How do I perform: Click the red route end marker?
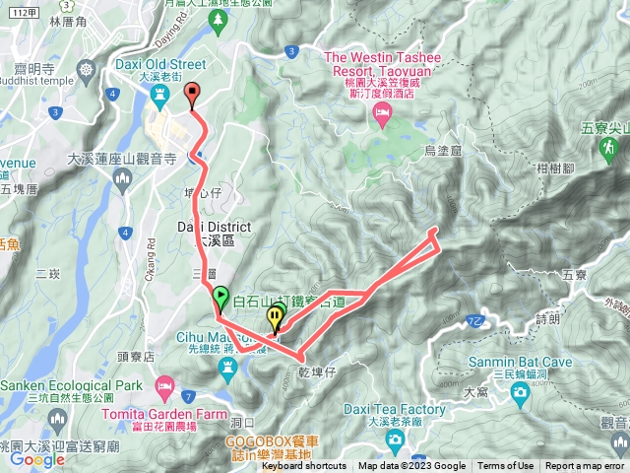point(192,95)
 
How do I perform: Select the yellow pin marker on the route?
point(275,318)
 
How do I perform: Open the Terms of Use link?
point(506,466)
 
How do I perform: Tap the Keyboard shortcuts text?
point(303,466)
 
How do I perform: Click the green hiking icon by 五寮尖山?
point(608,148)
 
